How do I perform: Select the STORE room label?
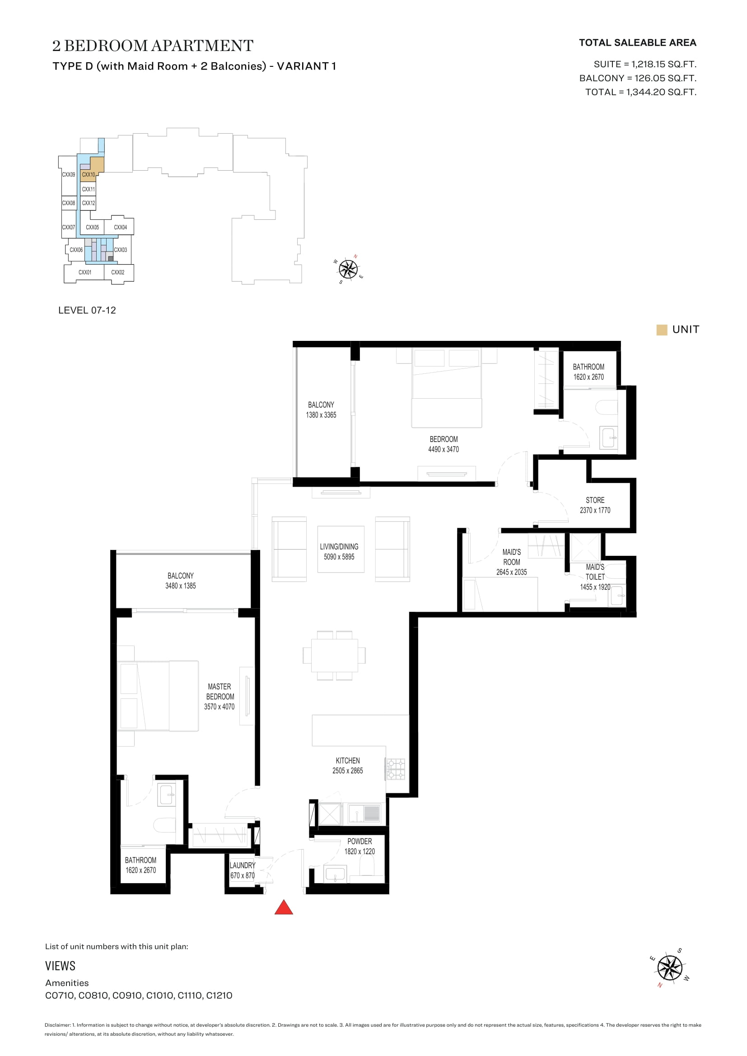pos(595,500)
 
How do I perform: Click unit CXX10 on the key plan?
pos(89,175)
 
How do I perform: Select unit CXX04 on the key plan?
pos(121,227)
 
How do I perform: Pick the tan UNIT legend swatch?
pos(662,330)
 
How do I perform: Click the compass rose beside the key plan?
pos(349,269)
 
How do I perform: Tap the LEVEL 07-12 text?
pos(87,311)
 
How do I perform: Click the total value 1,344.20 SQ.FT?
pos(661,92)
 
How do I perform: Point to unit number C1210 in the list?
pos(219,996)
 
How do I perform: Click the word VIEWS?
pos(60,966)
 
